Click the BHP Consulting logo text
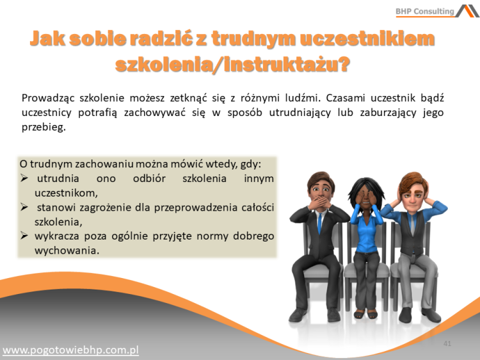click(x=424, y=11)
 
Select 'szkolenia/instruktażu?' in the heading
click(x=233, y=64)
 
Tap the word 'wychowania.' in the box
click(x=67, y=250)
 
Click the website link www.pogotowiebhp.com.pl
click(x=71, y=350)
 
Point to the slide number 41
click(x=447, y=344)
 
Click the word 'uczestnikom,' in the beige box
click(x=66, y=192)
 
